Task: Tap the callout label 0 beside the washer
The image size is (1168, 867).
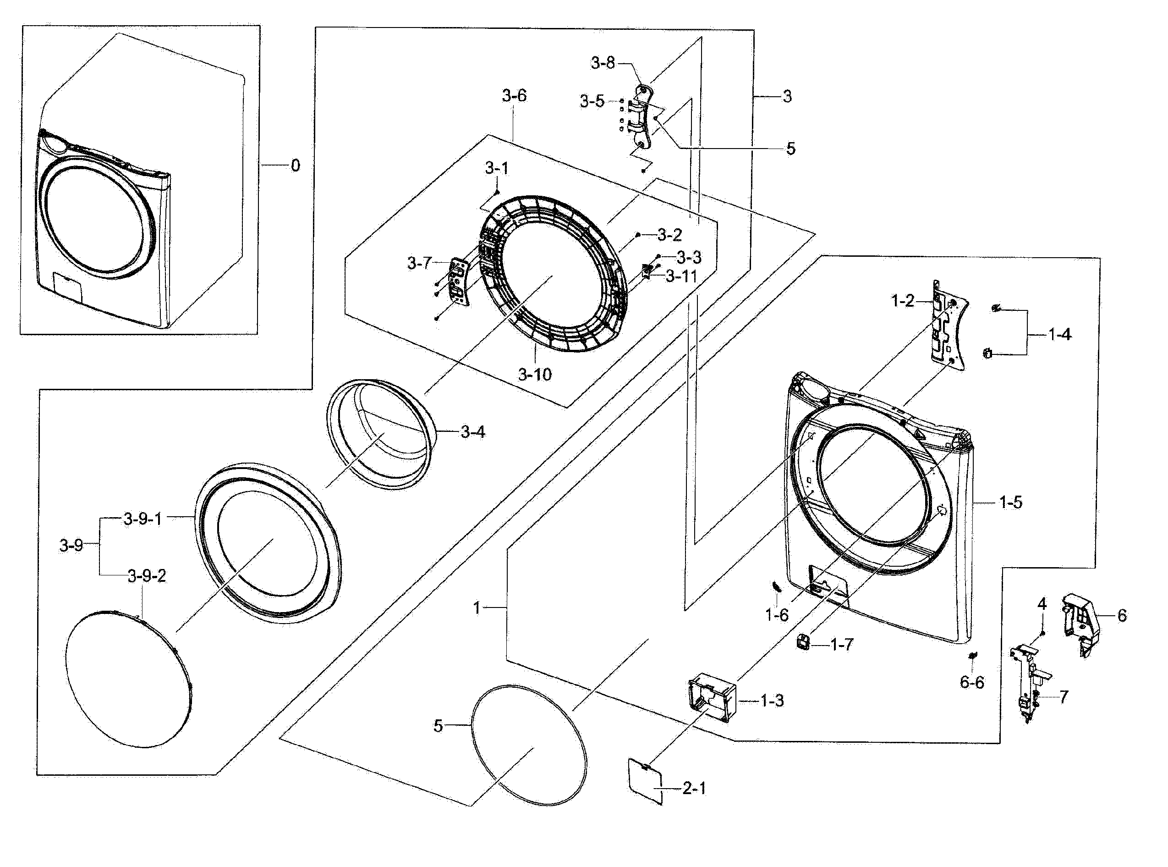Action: pyautogui.click(x=295, y=166)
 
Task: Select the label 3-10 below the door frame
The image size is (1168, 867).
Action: pyautogui.click(x=534, y=374)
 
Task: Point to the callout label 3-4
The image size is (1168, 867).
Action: pyautogui.click(x=472, y=432)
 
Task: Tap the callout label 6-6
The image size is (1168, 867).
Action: pyautogui.click(x=972, y=682)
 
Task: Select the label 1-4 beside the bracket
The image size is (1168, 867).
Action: pyautogui.click(x=1059, y=334)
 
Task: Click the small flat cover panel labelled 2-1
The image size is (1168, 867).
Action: pyautogui.click(x=645, y=780)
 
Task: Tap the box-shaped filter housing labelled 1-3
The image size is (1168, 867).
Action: pyautogui.click(x=711, y=697)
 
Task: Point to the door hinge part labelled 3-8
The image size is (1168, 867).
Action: pyautogui.click(x=643, y=118)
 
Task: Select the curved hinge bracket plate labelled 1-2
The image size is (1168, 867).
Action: pyautogui.click(x=948, y=328)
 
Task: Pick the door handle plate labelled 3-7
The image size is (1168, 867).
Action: pyautogui.click(x=458, y=280)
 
